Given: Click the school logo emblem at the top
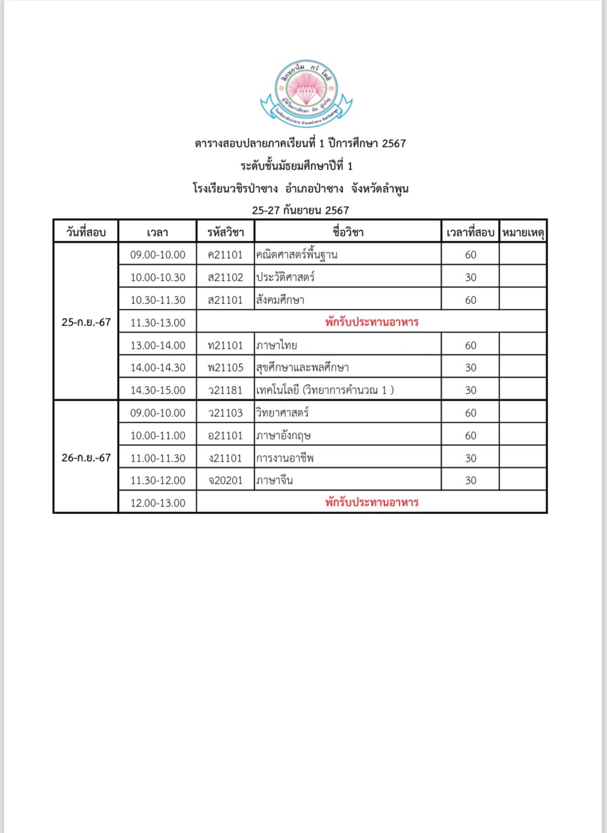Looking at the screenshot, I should point(306,93).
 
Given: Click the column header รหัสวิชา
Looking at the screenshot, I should point(226,233).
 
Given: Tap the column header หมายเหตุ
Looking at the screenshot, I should point(523,233).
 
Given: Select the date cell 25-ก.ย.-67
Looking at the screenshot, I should point(86,322).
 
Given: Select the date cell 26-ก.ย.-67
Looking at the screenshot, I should point(86,458).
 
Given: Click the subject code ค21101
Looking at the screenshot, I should point(226,255).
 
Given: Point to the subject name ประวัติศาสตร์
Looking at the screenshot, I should point(285,277).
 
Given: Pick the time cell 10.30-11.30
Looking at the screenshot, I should point(158,300).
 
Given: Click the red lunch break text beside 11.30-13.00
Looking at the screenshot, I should point(372,322).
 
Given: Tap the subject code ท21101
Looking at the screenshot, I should point(226,346).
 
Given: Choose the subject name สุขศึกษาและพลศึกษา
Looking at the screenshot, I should point(303,368).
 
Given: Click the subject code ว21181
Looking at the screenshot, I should point(226,390).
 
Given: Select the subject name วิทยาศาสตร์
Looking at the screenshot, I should point(283,413).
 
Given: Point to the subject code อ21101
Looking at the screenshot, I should point(226,436).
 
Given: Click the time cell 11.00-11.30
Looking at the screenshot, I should point(158,458).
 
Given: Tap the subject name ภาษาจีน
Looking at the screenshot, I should point(275,480).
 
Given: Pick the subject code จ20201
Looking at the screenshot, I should point(226,480).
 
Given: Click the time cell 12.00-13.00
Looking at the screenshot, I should point(158,503).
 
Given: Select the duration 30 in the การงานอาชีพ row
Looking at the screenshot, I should point(470,458).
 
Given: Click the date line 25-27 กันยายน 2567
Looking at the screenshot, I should point(301,211).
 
